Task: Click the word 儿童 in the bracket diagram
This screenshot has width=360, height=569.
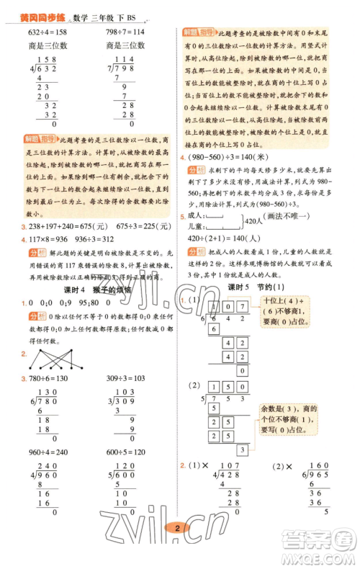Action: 197,225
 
